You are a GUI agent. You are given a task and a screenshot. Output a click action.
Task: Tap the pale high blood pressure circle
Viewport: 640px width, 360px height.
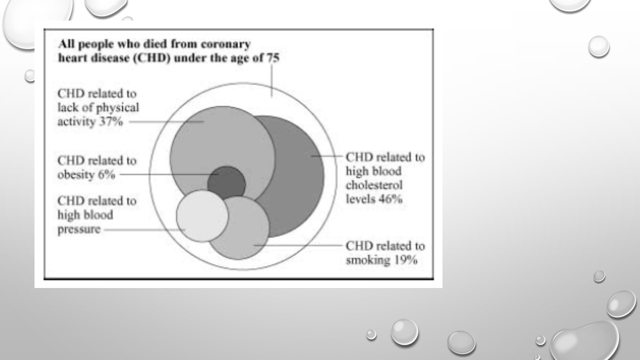pyautogui.click(x=202, y=216)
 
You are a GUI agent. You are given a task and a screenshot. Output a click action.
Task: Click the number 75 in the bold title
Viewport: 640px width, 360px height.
pyautogui.click(x=273, y=58)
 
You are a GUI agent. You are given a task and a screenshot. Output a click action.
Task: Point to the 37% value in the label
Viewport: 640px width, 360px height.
pyautogui.click(x=111, y=121)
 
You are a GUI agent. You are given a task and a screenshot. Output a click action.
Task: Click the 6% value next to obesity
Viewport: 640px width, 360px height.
pyautogui.click(x=106, y=174)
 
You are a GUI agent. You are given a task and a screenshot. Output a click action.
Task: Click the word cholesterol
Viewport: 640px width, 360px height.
pyautogui.click(x=374, y=185)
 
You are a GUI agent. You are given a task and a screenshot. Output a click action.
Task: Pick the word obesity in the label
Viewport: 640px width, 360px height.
pyautogui.click(x=76, y=175)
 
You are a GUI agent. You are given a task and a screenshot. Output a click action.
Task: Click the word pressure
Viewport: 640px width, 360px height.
pyautogui.click(x=79, y=229)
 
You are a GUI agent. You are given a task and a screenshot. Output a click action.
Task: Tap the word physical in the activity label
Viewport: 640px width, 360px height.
pyautogui.click(x=117, y=108)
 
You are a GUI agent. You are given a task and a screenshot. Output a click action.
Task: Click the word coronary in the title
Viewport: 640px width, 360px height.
pyautogui.click(x=225, y=44)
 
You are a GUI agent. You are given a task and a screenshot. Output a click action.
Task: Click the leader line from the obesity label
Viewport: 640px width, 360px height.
pyautogui.click(x=169, y=174)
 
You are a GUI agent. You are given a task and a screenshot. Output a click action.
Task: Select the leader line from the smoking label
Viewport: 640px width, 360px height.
pyautogui.click(x=298, y=245)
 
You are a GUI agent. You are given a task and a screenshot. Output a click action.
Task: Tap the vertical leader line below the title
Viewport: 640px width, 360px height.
pyautogui.click(x=271, y=80)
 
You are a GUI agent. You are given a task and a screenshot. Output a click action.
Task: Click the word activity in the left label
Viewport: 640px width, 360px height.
pyautogui.click(x=76, y=122)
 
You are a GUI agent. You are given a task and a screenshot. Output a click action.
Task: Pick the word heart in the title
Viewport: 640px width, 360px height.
pyautogui.click(x=73, y=58)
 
